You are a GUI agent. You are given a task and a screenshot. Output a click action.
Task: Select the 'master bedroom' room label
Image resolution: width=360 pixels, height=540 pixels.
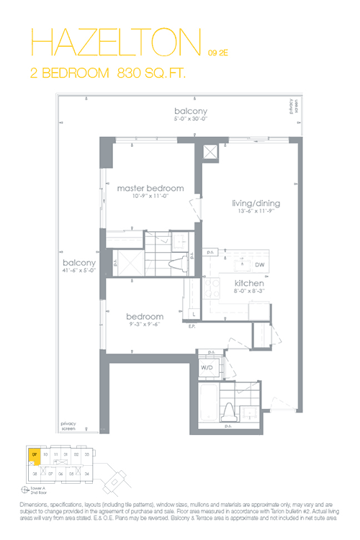tap(150, 189)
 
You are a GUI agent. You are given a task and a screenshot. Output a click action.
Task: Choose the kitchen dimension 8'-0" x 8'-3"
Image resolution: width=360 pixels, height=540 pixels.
tap(249, 292)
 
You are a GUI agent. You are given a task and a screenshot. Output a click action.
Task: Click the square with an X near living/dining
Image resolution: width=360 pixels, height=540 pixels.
tap(211, 153)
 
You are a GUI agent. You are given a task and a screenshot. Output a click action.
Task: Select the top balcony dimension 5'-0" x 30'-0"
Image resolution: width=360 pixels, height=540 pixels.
tap(190, 120)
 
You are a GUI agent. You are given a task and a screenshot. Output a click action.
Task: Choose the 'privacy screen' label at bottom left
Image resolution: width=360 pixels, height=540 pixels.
tap(68, 425)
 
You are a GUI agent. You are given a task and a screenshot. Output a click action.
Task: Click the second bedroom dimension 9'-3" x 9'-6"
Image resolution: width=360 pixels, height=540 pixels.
tap(145, 325)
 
